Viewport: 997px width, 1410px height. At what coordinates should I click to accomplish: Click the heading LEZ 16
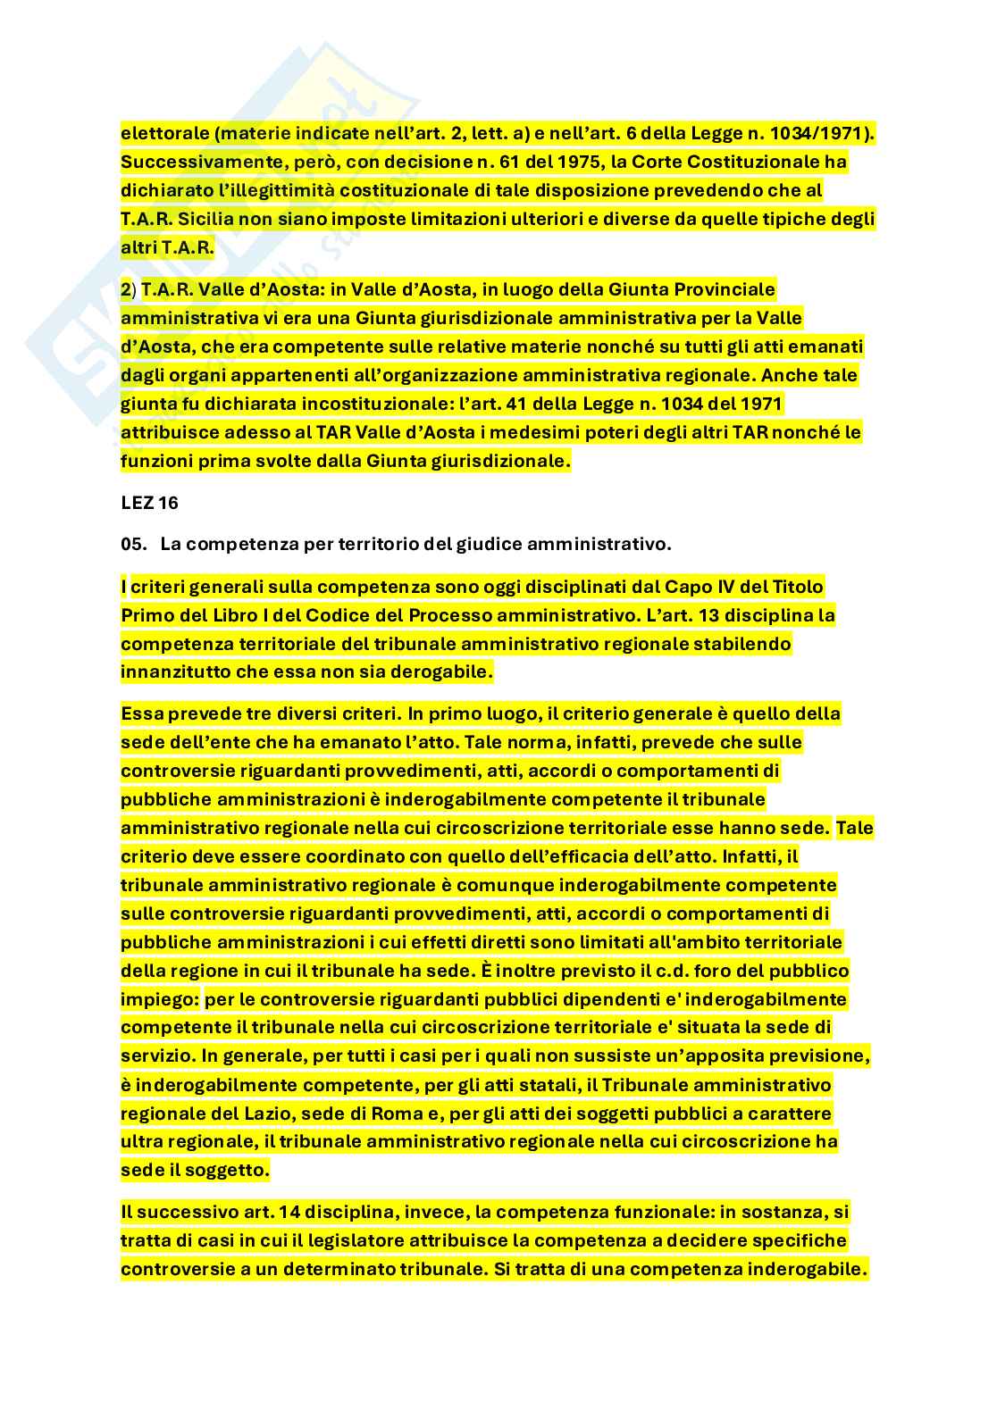[x=149, y=504]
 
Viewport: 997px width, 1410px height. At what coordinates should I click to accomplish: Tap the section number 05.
[x=132, y=544]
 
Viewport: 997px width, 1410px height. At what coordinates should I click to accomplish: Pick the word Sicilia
[x=206, y=220]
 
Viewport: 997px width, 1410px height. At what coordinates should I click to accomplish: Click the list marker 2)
[x=128, y=290]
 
